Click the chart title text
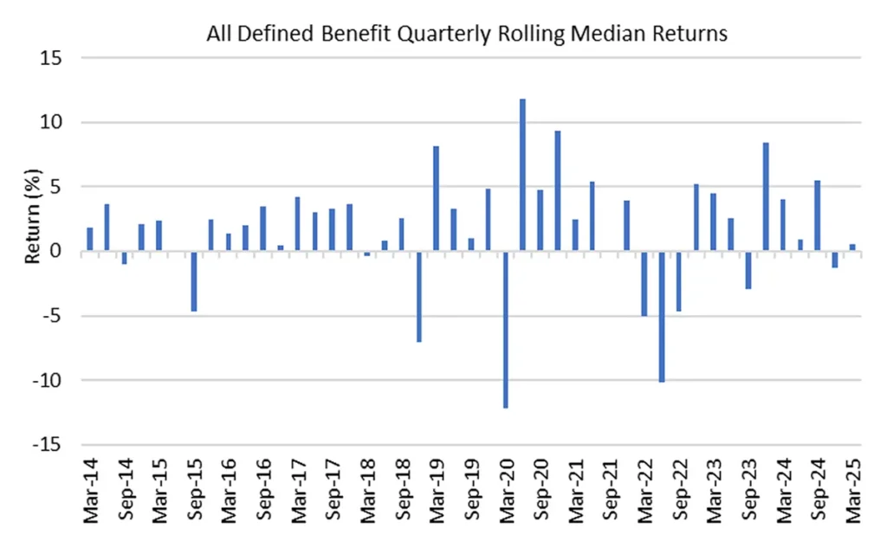pos(466,35)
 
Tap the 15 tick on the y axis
pos(62,58)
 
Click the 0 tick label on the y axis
pos(65,251)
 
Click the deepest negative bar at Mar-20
pos(505,329)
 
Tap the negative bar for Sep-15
pos(194,281)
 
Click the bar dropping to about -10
pos(661,316)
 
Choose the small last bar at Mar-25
pos(851,248)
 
